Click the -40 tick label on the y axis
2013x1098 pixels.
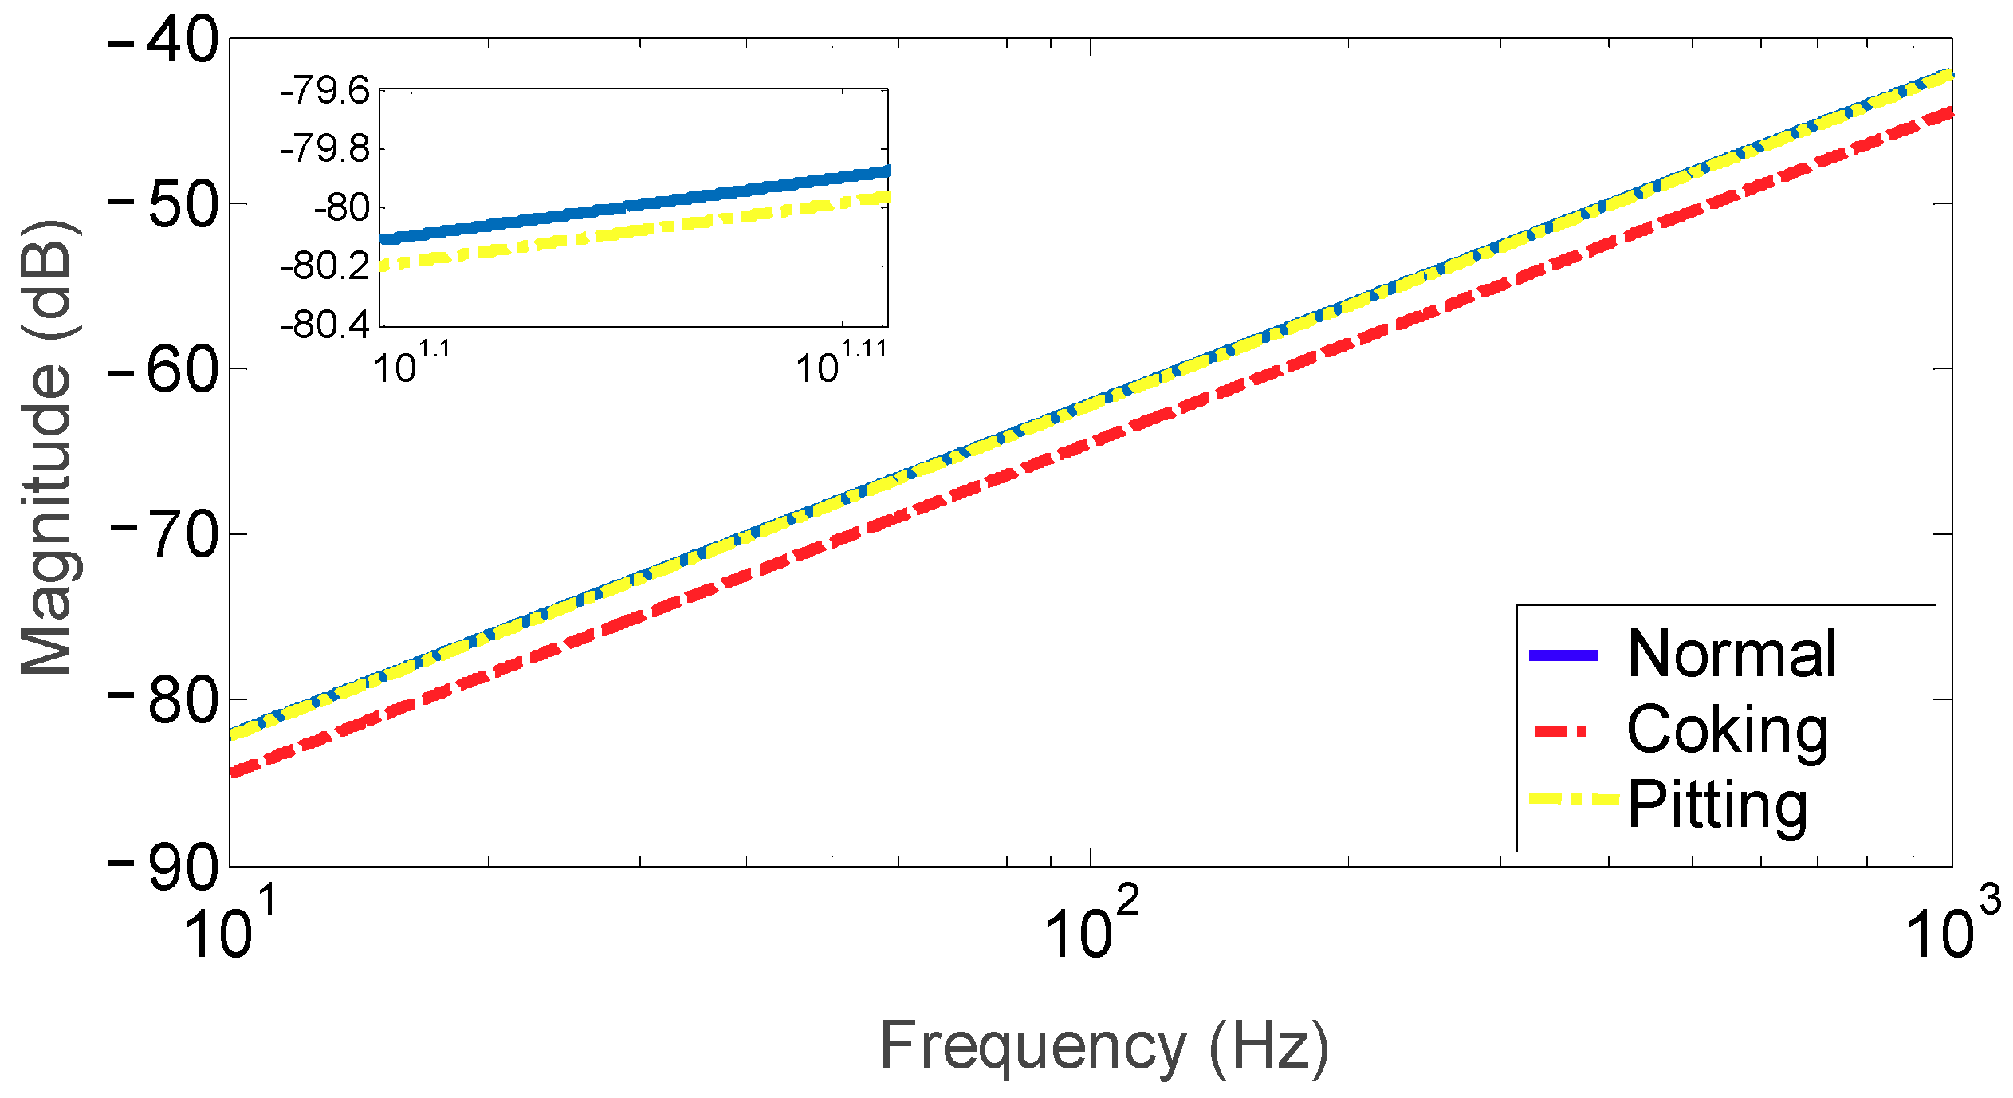click(163, 41)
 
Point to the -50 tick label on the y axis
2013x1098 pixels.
click(163, 206)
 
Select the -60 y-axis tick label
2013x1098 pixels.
click(163, 371)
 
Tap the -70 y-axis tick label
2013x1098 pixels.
click(163, 536)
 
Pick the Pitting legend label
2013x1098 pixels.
click(1718, 805)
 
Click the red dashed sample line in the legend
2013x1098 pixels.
click(1563, 730)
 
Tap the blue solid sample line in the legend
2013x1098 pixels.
click(1563, 655)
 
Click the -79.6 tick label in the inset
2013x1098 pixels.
click(325, 91)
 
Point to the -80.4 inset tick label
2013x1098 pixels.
click(325, 325)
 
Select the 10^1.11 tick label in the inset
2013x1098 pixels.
click(841, 363)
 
